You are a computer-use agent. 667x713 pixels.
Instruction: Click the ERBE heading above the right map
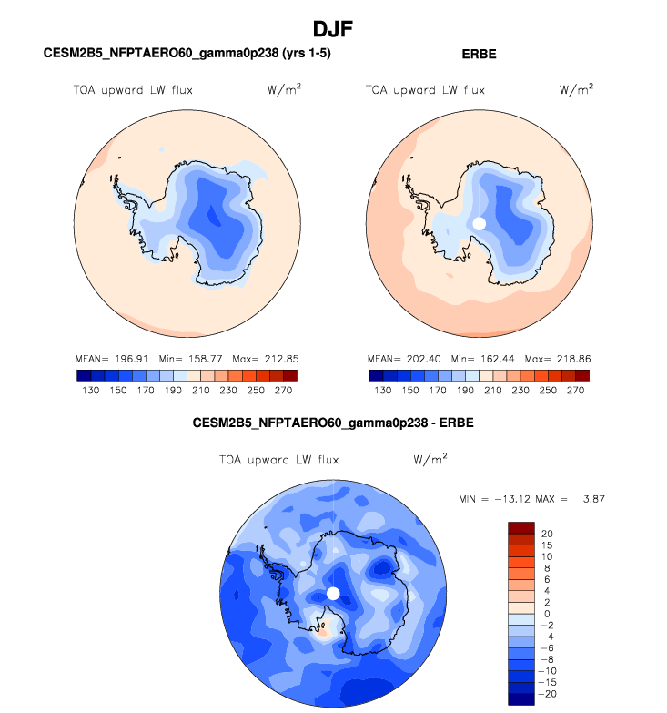(x=479, y=55)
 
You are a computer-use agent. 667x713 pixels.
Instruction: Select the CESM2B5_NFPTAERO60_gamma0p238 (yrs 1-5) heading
(x=187, y=55)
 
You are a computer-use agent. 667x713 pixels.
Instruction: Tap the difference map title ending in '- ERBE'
(x=333, y=423)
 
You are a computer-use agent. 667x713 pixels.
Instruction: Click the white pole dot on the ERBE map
(x=480, y=223)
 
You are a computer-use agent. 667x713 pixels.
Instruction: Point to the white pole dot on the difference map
(x=333, y=593)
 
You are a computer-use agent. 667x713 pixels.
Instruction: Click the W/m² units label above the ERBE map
(x=576, y=89)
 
